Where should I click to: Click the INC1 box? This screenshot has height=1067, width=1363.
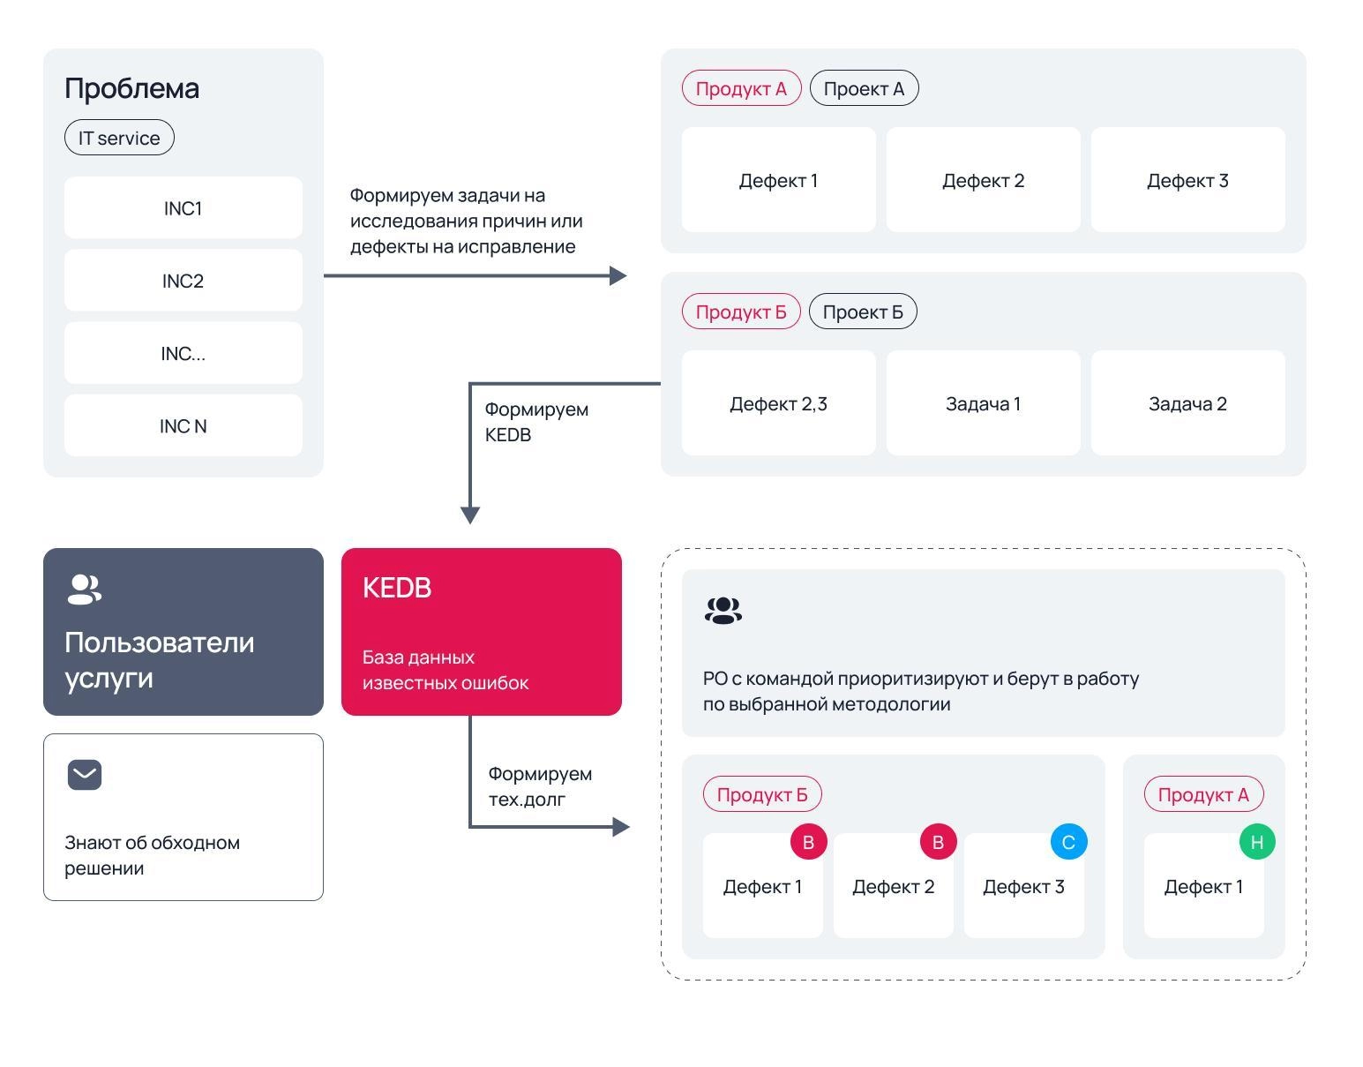pos(183,207)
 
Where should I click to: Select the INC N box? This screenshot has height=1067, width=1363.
pos(183,425)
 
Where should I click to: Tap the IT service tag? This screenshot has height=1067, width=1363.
pos(119,138)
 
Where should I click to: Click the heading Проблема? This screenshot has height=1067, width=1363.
pos(131,88)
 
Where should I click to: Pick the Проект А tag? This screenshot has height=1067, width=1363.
pos(864,88)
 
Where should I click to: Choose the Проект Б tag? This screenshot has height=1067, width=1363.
pos(863,312)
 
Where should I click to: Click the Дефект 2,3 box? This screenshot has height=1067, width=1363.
pos(778,403)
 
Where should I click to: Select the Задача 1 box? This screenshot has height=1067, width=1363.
pos(983,403)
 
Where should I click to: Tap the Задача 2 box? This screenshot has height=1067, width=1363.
pos(1187,403)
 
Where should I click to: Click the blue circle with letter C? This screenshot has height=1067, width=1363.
pos(1068,842)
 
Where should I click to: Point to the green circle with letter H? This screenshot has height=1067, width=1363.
pos(1256,842)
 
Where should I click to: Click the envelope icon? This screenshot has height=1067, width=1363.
pos(85,775)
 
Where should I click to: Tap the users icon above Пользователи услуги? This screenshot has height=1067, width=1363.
pos(84,590)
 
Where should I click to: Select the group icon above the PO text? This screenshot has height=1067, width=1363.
pos(723,611)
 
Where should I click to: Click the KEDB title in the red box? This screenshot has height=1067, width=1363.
pos(397,588)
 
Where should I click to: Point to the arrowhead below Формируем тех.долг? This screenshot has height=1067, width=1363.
pos(620,827)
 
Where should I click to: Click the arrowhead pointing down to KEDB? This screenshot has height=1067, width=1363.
pos(470,515)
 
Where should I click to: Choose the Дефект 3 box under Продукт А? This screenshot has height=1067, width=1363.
pos(1187,180)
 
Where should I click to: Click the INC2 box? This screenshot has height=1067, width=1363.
pos(183,281)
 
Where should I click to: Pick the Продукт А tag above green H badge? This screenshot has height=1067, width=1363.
pos(1203,795)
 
